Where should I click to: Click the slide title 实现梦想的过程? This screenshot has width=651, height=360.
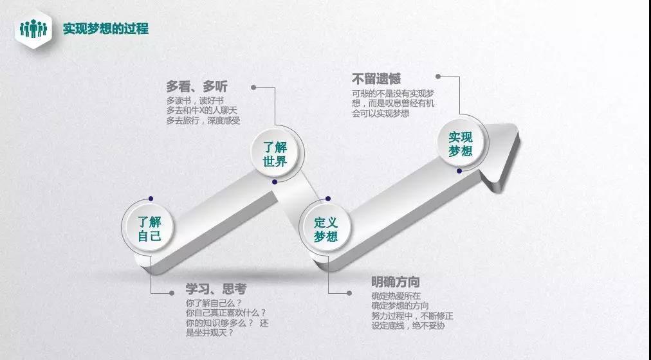tap(105, 29)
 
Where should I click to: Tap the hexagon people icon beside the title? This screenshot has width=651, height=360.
tap(33, 29)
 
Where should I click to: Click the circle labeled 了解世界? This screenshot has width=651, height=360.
tap(275, 154)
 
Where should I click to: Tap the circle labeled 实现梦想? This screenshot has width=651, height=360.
tap(461, 143)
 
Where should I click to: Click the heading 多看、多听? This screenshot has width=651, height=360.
tap(197, 86)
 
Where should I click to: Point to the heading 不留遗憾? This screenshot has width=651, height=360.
tap(376, 79)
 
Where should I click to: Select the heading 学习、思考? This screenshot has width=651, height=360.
tap(216, 289)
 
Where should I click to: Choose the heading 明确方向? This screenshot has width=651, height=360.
tap(396, 282)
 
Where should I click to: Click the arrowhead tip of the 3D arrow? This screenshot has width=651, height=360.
tap(518, 125)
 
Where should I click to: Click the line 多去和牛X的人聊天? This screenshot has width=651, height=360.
tap(202, 111)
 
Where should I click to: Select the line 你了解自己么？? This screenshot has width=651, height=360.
tap(214, 303)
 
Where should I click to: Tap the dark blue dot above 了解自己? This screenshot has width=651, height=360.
tap(151, 199)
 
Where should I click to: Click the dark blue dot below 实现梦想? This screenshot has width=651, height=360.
tap(459, 171)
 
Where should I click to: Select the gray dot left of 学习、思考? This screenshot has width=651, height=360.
tap(172, 292)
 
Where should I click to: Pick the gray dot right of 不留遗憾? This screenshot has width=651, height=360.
tap(438, 76)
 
